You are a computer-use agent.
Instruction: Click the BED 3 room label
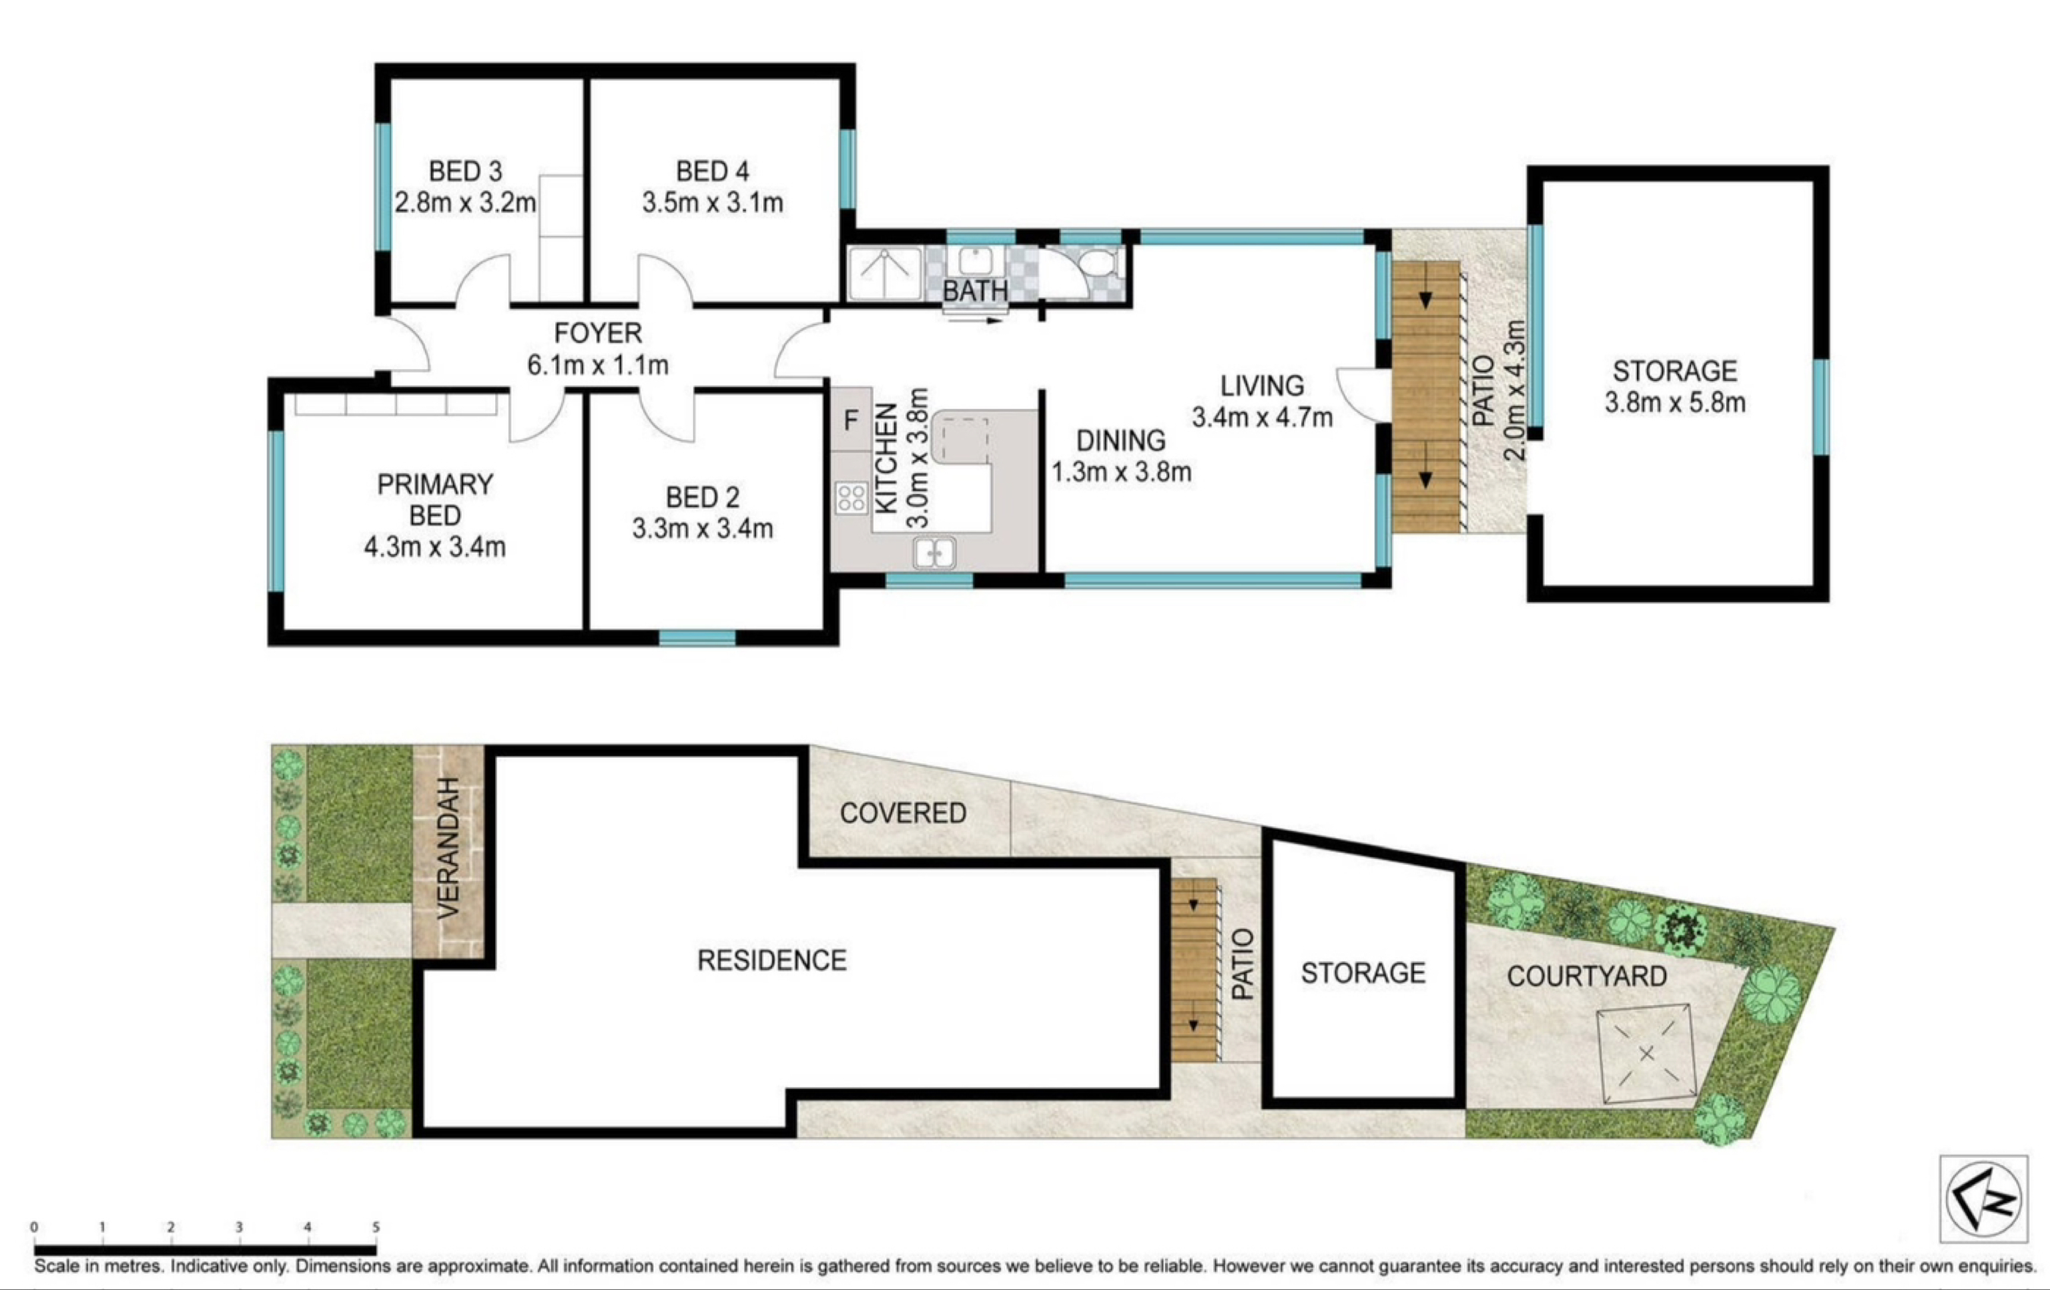pyautogui.click(x=465, y=171)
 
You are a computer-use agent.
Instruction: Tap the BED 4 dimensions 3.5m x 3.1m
pyautogui.click(x=713, y=203)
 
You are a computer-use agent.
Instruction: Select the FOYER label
pyautogui.click(x=598, y=333)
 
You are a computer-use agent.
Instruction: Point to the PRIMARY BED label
pyautogui.click(x=435, y=500)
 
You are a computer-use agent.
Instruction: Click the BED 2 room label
pyautogui.click(x=702, y=497)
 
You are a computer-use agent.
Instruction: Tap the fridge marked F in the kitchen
pyautogui.click(x=850, y=420)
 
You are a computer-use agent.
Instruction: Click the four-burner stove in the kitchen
pyautogui.click(x=851, y=498)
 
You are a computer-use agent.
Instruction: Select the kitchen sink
pyautogui.click(x=934, y=553)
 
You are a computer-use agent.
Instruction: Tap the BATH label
pyautogui.click(x=975, y=291)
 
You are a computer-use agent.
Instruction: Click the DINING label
pyautogui.click(x=1120, y=440)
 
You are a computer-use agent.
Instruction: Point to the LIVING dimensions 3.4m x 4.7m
pyautogui.click(x=1262, y=417)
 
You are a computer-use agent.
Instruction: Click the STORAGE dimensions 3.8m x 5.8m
pyautogui.click(x=1674, y=402)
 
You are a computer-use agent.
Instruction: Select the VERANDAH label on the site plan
pyautogui.click(x=448, y=848)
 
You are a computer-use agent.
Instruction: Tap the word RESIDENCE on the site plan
pyautogui.click(x=771, y=960)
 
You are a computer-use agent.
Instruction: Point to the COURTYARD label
pyautogui.click(x=1587, y=976)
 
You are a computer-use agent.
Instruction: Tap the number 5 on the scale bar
pyautogui.click(x=376, y=1227)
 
